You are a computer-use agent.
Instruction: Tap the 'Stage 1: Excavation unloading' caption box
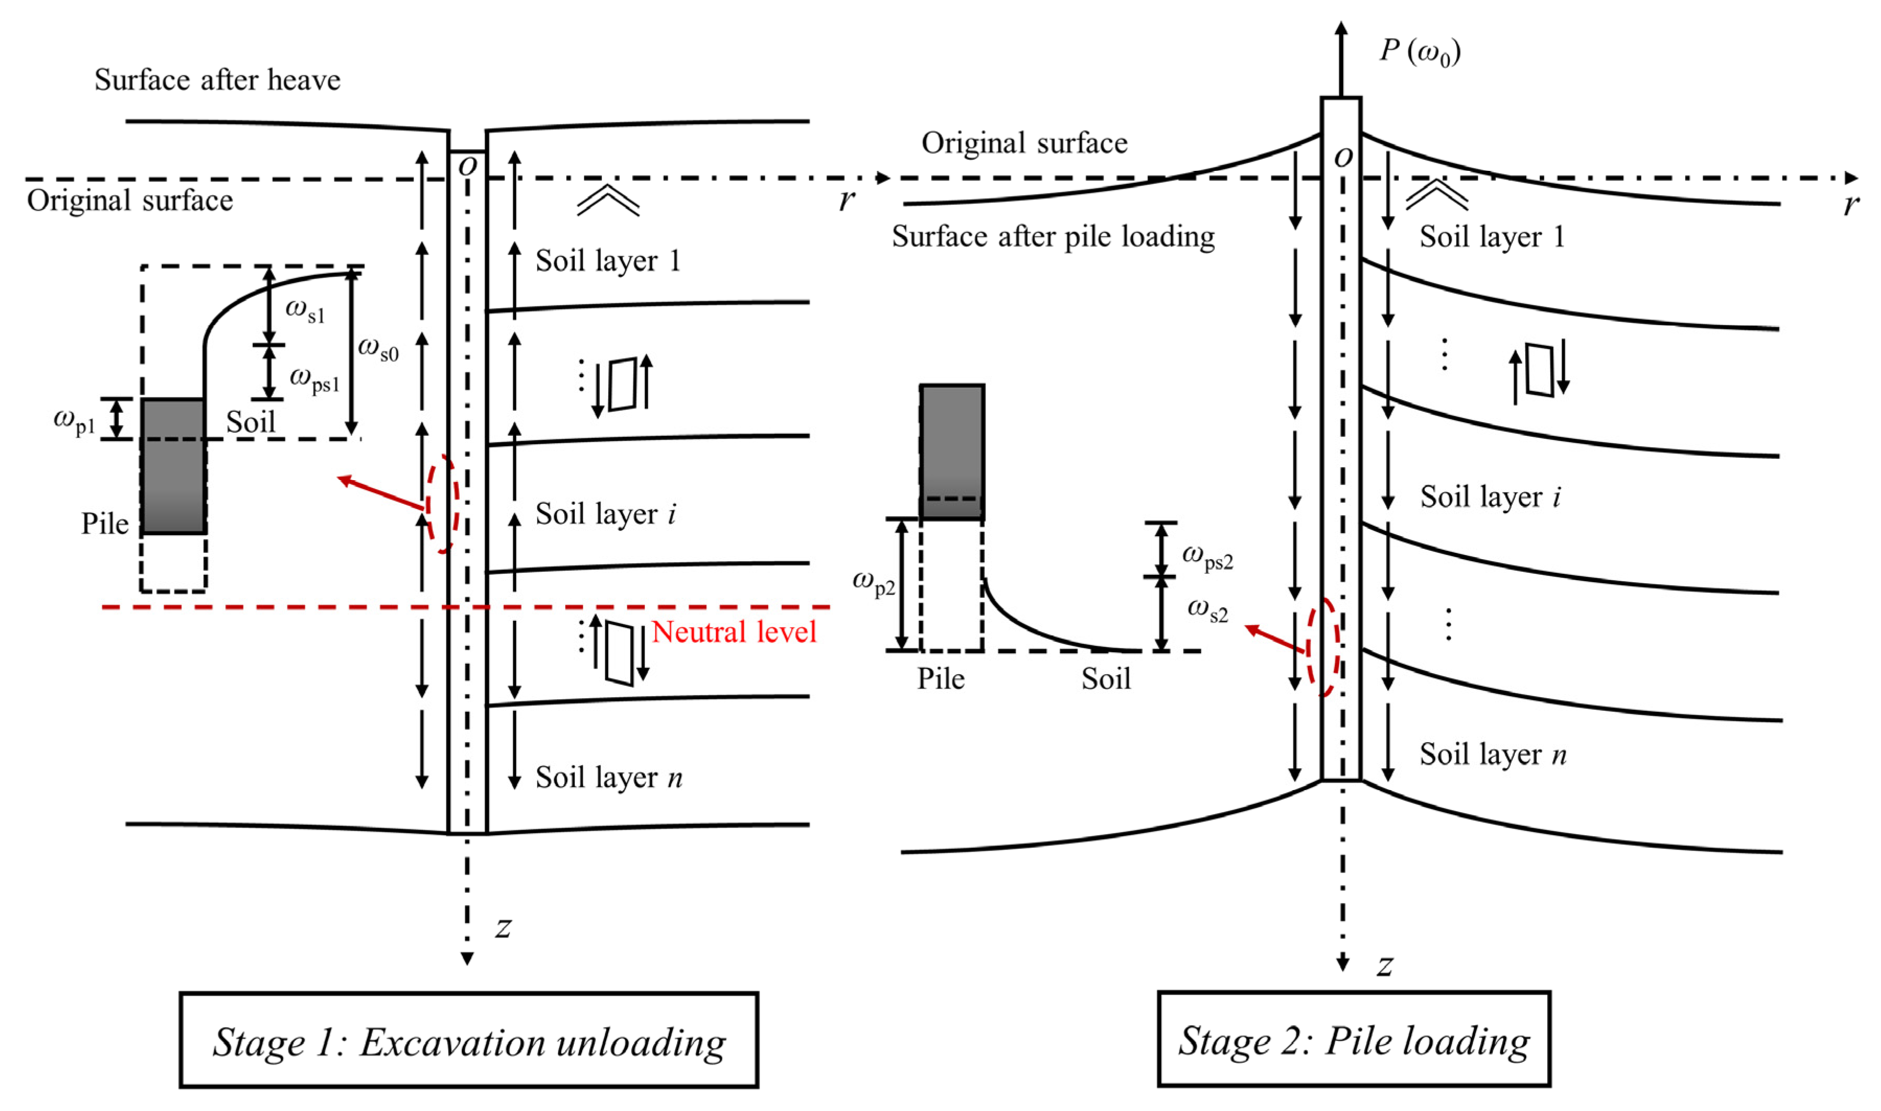pos(469,1040)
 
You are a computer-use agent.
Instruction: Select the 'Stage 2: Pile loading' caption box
pos(1353,1039)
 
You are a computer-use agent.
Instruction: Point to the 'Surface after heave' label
pos(217,79)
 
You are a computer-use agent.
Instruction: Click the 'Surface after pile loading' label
pos(1053,237)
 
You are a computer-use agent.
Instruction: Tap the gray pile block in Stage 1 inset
pos(173,466)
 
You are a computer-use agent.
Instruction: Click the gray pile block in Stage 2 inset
pos(952,452)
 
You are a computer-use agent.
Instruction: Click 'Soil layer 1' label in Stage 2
pos(1492,237)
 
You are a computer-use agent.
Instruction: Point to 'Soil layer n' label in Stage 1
pos(609,777)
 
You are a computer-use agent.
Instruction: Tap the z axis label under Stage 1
pos(503,928)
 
